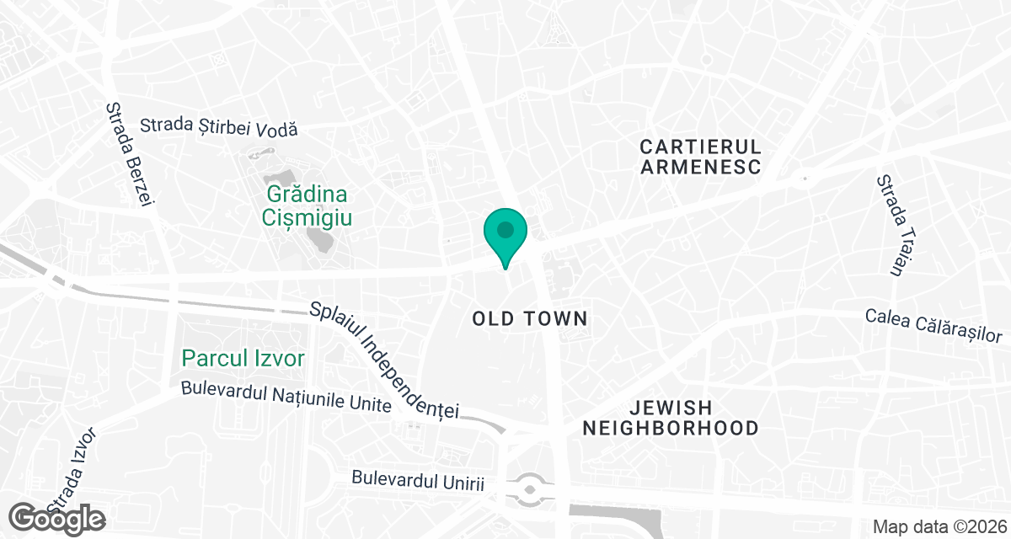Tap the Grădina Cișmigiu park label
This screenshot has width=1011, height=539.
pos(307,205)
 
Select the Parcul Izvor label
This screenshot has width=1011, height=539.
pos(243,359)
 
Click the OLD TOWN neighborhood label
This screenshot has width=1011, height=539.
pos(529,318)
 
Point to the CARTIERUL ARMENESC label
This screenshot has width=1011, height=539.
pos(701,156)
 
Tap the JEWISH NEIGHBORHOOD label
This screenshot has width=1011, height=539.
pos(671,417)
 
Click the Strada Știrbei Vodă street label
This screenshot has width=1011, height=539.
pos(219,128)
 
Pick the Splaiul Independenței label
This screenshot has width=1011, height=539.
pos(383,360)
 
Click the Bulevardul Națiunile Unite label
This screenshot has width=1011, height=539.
pos(286,398)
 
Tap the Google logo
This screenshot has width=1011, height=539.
pos(59,518)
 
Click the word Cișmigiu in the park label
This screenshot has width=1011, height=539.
pos(307,218)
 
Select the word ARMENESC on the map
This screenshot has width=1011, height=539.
pos(701,166)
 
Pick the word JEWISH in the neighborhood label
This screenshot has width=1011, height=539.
pos(671,406)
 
